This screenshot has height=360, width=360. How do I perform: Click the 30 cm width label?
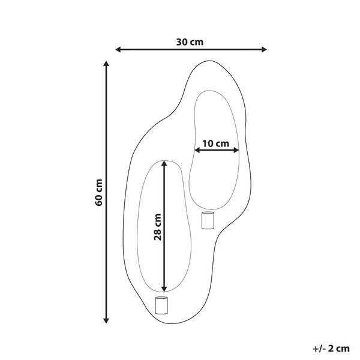pos(190,42)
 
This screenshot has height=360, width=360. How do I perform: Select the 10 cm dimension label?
pos(215,143)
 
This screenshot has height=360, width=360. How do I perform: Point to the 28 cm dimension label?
pos(157,226)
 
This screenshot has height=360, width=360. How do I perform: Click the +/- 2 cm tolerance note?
pos(331,347)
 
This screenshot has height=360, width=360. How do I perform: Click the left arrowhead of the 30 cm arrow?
pos(118,50)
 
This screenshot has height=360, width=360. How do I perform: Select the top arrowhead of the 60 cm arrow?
pos(107,64)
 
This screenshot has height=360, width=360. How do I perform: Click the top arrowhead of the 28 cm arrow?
pos(164,163)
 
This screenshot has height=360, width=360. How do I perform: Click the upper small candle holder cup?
pos(208,220)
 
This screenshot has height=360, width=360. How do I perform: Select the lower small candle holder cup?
pos(161,305)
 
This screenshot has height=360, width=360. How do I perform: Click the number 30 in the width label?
pos(182,42)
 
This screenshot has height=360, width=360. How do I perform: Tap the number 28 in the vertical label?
pos(157,234)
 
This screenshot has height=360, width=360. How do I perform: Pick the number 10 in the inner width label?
pos(208,143)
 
